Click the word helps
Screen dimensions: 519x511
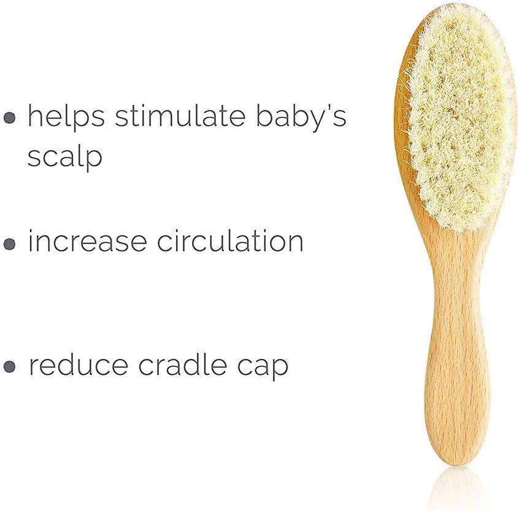(66, 116)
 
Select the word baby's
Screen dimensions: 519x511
(301, 117)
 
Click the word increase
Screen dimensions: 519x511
(87, 240)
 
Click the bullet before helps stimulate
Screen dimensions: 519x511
(9, 118)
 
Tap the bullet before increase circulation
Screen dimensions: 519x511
(9, 244)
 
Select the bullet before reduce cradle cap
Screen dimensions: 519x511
(9, 366)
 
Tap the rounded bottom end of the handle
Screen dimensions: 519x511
(458, 458)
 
